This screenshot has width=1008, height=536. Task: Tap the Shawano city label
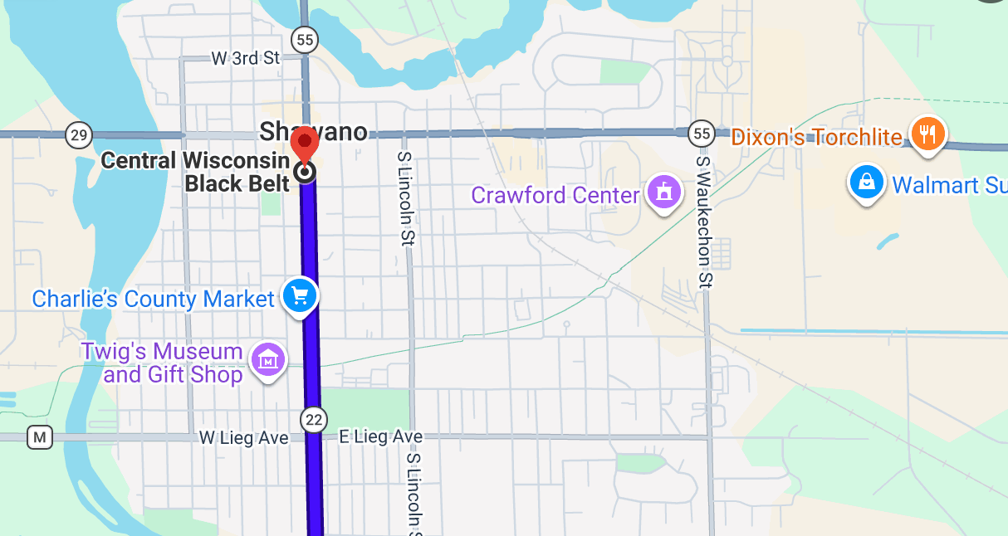point(313,131)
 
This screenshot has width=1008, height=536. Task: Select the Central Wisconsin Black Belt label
point(195,172)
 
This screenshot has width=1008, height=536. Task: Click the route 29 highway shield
point(79,135)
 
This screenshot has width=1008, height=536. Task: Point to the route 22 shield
point(314,420)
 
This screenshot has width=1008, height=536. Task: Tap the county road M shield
point(39,436)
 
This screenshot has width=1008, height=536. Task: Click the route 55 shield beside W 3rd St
point(305,39)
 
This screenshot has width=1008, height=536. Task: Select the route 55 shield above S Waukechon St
point(702,133)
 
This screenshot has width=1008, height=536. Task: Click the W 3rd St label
point(246,58)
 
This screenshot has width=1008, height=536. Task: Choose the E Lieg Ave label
point(381,436)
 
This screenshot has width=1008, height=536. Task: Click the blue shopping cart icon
point(299,295)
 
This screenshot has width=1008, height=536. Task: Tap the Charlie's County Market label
point(153,299)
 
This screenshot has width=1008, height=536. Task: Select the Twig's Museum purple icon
point(268,359)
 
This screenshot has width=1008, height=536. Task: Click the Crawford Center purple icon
point(663,192)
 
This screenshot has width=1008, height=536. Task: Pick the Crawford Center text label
point(555,196)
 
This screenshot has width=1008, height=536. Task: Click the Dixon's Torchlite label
point(815,137)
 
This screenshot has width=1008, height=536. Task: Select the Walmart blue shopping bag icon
point(866,182)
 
